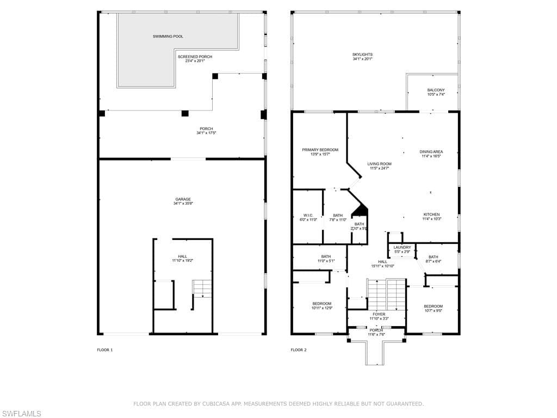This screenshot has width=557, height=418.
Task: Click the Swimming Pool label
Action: point(168,36)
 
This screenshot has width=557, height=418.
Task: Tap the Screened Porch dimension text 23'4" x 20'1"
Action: point(195,61)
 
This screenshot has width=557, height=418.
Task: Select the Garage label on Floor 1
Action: point(183,199)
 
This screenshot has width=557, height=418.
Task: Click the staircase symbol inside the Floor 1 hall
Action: point(201,288)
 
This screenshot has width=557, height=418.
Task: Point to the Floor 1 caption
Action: point(105,350)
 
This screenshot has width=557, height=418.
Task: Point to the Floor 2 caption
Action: point(299,350)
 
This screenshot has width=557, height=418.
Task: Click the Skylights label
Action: point(362,54)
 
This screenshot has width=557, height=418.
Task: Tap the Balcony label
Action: point(436,90)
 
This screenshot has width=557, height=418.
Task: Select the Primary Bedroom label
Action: point(320,150)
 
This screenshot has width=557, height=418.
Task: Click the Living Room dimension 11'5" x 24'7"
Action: point(379,168)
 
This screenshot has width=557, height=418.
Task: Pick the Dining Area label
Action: point(431,152)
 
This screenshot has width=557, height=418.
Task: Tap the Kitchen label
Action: point(431,214)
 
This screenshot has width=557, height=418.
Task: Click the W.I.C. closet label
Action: point(307,215)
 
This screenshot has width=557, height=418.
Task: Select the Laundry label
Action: point(403,247)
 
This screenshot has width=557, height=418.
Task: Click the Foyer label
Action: point(379,314)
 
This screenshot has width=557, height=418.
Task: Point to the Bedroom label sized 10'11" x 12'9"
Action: point(321,304)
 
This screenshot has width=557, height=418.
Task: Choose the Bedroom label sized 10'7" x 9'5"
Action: point(434,306)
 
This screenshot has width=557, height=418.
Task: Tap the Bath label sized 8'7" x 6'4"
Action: point(433,257)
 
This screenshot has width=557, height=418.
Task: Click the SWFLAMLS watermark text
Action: point(21,414)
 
